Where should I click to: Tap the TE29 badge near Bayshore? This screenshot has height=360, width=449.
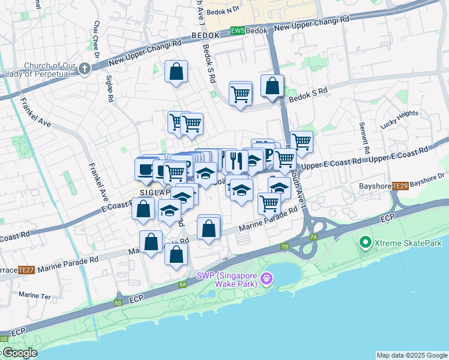(x=400, y=187)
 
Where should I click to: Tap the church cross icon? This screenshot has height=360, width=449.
(x=83, y=69)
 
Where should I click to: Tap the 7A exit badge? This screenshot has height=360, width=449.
(x=313, y=237)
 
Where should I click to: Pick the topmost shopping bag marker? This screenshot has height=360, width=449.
(x=176, y=72)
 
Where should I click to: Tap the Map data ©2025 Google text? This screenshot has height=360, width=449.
(x=412, y=355)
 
